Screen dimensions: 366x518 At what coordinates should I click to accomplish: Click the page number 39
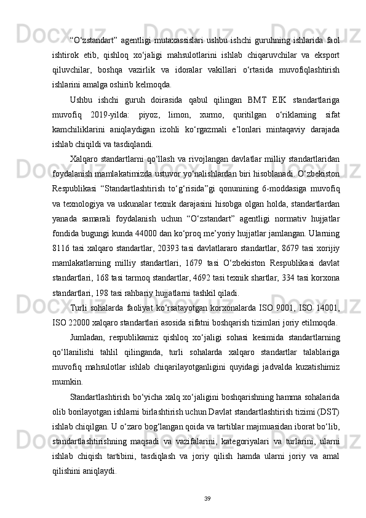[183, 498]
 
